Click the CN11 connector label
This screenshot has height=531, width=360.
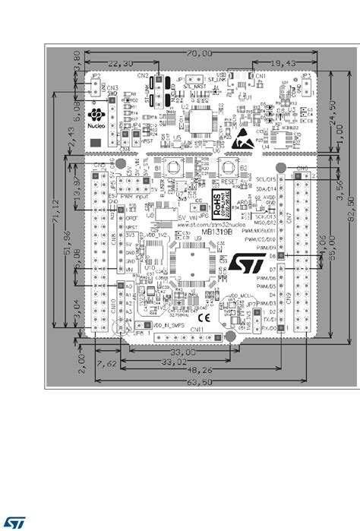point(197,330)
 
